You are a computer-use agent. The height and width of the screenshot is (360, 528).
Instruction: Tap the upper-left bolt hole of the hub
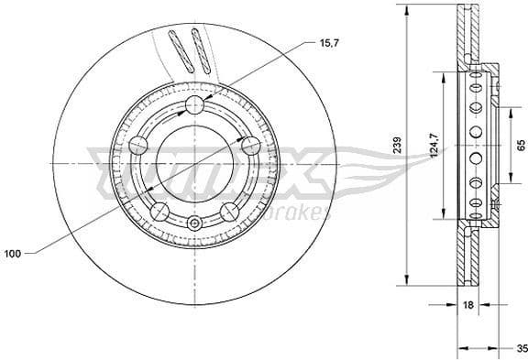[x=139, y=145]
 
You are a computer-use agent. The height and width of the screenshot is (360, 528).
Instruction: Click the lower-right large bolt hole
[x=230, y=212]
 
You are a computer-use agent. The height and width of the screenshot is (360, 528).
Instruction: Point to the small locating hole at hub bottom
[x=194, y=224]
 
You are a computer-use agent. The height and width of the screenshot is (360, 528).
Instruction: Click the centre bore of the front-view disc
[x=194, y=163]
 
